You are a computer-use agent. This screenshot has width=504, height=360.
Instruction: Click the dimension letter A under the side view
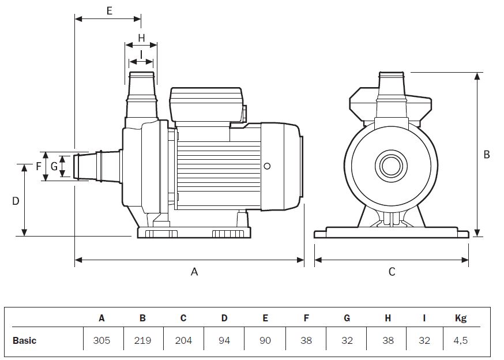[194, 271]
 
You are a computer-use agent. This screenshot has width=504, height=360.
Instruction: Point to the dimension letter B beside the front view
[487, 155]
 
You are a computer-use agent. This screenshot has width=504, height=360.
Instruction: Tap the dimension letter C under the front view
[392, 271]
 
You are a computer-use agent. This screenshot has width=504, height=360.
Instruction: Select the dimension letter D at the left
[16, 201]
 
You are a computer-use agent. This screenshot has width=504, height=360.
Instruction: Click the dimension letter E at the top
[110, 10]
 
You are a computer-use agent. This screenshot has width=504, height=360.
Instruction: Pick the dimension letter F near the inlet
[39, 167]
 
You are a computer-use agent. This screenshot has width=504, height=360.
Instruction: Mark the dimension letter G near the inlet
[54, 167]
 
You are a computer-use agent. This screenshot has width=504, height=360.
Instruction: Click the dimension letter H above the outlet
[141, 38]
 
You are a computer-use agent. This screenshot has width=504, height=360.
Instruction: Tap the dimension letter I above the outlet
[141, 54]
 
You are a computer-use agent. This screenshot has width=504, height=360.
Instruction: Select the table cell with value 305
[101, 340]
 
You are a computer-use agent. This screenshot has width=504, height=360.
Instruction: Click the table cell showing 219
[142, 340]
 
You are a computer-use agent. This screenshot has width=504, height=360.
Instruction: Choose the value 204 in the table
[183, 340]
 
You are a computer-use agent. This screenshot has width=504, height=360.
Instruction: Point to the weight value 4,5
[460, 340]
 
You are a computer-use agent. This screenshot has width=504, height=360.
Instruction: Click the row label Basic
[24, 340]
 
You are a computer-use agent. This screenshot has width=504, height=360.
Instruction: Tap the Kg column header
[460, 318]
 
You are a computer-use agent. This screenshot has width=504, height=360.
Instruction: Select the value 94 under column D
[224, 340]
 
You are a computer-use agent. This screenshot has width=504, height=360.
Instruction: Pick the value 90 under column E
[265, 340]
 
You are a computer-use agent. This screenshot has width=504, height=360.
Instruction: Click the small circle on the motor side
[266, 166]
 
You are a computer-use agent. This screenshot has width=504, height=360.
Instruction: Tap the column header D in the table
[224, 318]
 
